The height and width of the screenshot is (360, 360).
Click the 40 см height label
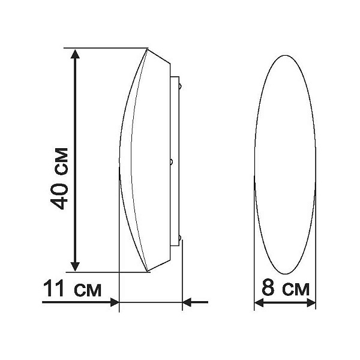pyautogui.click(x=59, y=179)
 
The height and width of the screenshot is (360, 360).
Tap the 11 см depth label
pyautogui.click(x=72, y=289)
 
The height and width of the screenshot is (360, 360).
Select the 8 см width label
pyautogui.click(x=286, y=287)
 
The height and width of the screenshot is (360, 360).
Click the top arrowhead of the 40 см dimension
pyautogui.click(x=75, y=54)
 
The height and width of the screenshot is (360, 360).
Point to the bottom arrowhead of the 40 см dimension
pyautogui.click(x=75, y=266)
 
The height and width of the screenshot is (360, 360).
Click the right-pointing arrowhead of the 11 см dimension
pyautogui.click(x=115, y=302)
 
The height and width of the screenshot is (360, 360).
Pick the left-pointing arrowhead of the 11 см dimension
pyautogui.click(x=187, y=302)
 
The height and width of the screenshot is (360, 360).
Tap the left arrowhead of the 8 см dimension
pyautogui.click(x=259, y=303)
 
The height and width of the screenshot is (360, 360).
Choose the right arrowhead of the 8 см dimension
pyautogui.click(x=311, y=303)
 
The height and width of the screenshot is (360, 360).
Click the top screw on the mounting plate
pyautogui.click(x=181, y=86)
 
